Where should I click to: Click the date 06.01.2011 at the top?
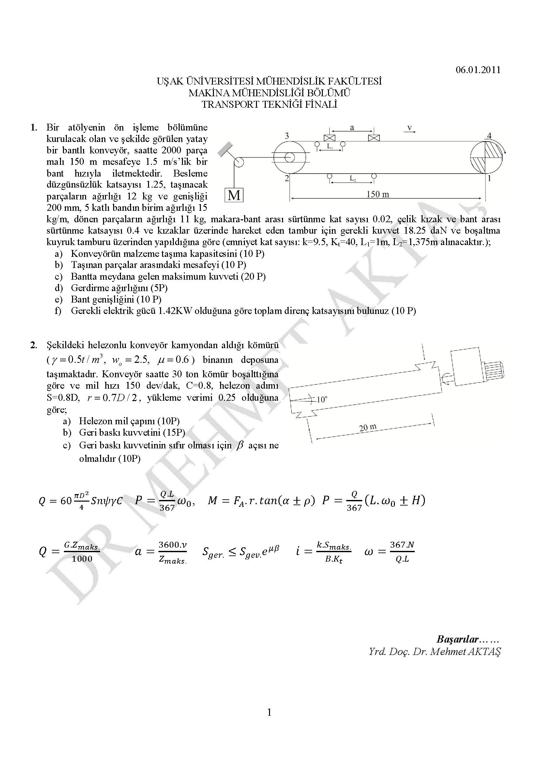[478, 70]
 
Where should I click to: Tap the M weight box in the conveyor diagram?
[234, 195]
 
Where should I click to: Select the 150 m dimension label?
[378, 194]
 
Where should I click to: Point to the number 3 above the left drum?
[287, 135]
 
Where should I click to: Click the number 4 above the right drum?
[489, 135]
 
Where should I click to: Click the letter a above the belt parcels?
[352, 127]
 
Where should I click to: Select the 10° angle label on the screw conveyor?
[322, 399]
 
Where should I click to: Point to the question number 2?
[33, 345]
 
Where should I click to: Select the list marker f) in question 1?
[58, 311]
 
